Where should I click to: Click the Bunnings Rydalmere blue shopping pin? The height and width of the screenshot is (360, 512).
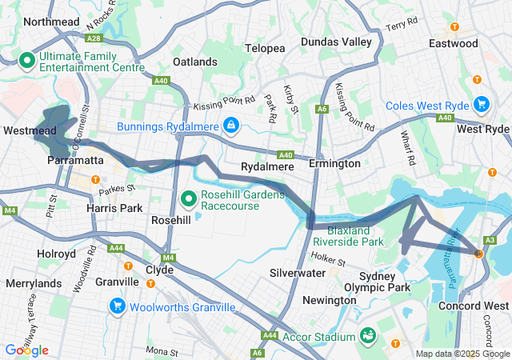coord(230,126)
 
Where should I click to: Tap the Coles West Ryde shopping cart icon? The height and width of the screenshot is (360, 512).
coord(481,104)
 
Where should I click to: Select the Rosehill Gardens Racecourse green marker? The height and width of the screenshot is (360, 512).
coord(189,197)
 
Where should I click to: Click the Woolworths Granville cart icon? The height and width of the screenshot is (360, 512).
coord(118,306)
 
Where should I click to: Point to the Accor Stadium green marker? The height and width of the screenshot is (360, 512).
coord(369,334)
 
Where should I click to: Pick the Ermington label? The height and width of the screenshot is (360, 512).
coord(334,164)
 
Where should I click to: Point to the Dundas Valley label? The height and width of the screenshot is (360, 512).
coord(336,42)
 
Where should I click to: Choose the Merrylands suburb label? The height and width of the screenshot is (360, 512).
coord(34,283)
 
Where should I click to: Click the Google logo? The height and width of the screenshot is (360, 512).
coord(26,350)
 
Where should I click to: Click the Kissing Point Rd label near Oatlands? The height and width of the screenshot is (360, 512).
coord(223,106)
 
